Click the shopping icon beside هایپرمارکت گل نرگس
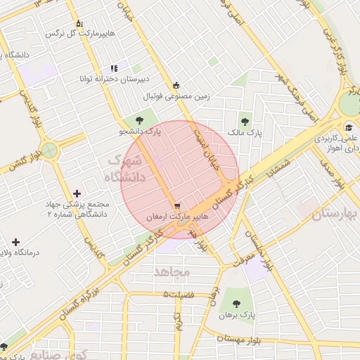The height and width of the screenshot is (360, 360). [79, 23]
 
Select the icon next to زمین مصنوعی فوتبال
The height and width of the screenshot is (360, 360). [176, 84]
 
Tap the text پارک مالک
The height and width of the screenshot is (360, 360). [245, 132]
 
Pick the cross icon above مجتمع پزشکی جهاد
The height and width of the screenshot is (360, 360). [77, 193]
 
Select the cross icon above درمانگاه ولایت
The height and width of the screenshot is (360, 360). [15, 242]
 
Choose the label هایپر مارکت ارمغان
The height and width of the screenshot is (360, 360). [176, 218]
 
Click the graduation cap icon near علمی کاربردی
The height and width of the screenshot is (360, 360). [349, 128]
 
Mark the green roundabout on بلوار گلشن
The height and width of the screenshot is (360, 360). [50, 149]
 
